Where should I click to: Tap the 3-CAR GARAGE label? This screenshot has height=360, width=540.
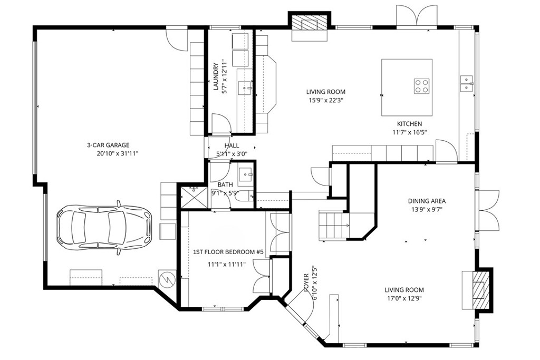(108, 145)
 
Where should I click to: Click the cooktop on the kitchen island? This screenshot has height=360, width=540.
(421, 85)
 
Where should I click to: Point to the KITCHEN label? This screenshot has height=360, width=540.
(409, 124)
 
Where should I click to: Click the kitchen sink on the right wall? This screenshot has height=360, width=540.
(467, 80)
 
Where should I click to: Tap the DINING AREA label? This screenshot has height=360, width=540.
(427, 201)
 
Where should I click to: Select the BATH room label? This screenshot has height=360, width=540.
(225, 185)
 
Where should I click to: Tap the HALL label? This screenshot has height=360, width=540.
(232, 145)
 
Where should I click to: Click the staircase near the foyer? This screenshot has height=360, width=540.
(334, 224)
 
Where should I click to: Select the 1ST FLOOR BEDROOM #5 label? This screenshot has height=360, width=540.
(228, 252)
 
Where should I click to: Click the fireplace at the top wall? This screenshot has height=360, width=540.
(309, 24)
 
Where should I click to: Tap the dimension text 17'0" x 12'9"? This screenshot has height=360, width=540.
(404, 298)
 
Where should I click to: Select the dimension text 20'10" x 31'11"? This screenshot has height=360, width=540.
(117, 153)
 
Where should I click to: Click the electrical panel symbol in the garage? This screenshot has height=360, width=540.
(167, 278)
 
